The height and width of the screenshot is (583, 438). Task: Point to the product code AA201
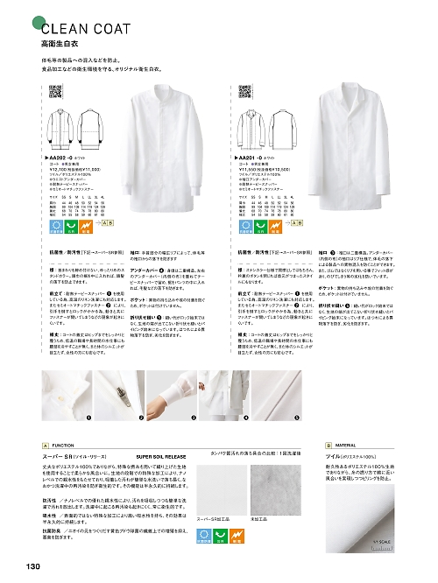coord(256,158)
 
